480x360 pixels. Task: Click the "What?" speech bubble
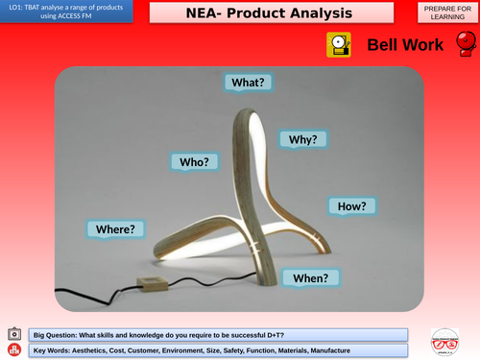[248, 83]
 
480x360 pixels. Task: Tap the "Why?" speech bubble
[303, 139]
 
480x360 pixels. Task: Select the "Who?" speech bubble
[194, 161]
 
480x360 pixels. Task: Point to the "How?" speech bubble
[352, 205]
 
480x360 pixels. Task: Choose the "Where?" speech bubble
[115, 228]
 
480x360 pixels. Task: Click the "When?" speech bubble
[310, 277]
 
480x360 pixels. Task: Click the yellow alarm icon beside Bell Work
[338, 45]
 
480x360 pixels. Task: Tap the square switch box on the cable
[151, 284]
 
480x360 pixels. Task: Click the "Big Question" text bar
[218, 334]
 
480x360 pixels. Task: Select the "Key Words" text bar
[218, 350]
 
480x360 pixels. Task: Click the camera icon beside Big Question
[13, 334]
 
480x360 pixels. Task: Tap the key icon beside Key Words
[13, 350]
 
